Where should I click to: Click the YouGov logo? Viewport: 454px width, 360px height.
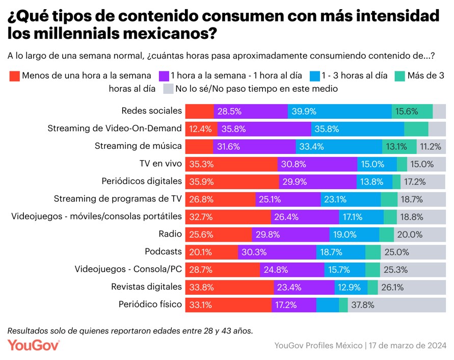pos(34,345)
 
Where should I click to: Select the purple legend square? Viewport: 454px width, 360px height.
pos(164,76)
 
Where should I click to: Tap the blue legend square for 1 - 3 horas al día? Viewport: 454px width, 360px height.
pos(314,76)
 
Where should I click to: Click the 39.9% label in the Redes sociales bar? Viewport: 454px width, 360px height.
pos(304,111)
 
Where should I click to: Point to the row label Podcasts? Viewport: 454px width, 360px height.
pos(163,251)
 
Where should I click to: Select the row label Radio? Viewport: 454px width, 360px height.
pos(170,234)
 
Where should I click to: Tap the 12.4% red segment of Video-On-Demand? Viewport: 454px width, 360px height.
pos(201,128)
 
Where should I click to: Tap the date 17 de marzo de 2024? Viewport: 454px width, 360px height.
pos(408,345)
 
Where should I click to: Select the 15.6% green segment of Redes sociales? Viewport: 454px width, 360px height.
pos(412,111)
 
